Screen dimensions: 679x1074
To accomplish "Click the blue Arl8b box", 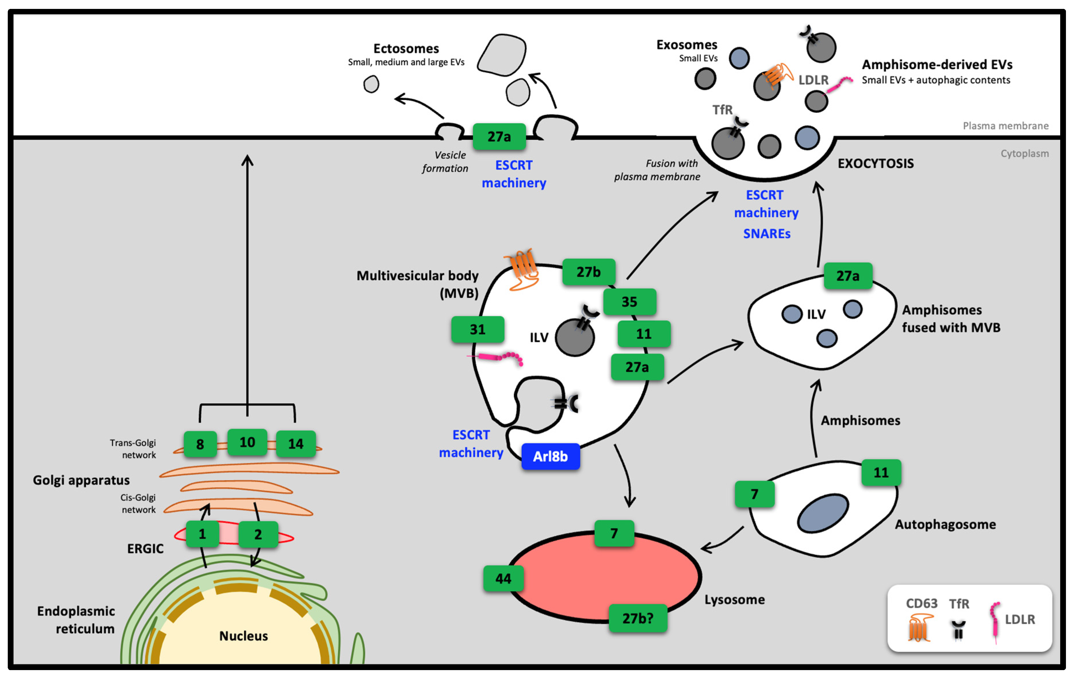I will pos(550,456).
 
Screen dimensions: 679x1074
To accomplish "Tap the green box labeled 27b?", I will pos(638,618).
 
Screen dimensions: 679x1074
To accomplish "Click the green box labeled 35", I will pos(629,302).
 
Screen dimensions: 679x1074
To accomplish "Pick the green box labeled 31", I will pos(478,329).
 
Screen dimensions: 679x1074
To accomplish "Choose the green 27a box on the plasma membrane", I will pos(499,137).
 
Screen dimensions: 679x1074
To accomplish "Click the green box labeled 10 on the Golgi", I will pos(247,442).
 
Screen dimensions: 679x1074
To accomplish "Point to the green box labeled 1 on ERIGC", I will pos(202,534).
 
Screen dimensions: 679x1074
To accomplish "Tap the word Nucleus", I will pos(244,636).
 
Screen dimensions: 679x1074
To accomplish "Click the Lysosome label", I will pos(734,600).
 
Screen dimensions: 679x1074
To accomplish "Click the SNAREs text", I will pos(766,234).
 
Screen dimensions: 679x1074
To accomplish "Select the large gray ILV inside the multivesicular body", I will pos(575,337).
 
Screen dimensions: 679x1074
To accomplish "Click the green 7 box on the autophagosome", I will pos(754,494).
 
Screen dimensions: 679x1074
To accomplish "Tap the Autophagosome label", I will pos(945,524).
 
